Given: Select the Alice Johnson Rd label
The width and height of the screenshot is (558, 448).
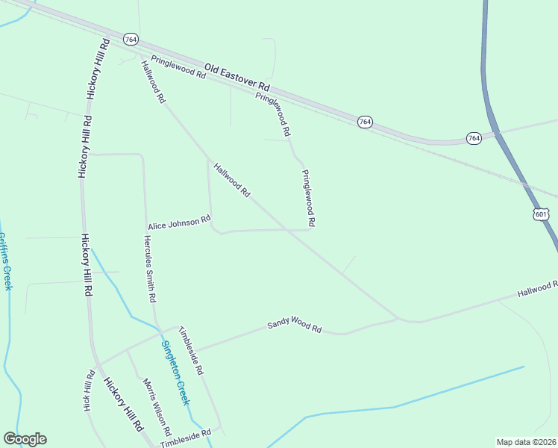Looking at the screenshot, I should [179, 223].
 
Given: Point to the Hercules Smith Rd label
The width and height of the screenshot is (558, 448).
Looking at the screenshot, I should [149, 268].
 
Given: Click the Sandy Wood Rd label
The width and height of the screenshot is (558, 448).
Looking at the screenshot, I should [294, 327].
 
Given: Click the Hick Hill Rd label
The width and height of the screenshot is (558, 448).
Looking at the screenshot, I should [89, 390].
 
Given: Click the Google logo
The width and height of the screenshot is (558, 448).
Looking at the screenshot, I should [25, 439].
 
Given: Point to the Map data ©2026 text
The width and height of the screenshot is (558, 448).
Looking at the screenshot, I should [525, 442].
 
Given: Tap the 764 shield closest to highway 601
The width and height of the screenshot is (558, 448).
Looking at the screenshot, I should [474, 139].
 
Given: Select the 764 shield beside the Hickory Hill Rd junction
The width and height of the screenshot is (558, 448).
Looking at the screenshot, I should [131, 39].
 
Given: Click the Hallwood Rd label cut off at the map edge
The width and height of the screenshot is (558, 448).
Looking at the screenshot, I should [538, 289].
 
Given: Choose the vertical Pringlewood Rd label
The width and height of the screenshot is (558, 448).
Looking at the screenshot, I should [308, 198].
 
